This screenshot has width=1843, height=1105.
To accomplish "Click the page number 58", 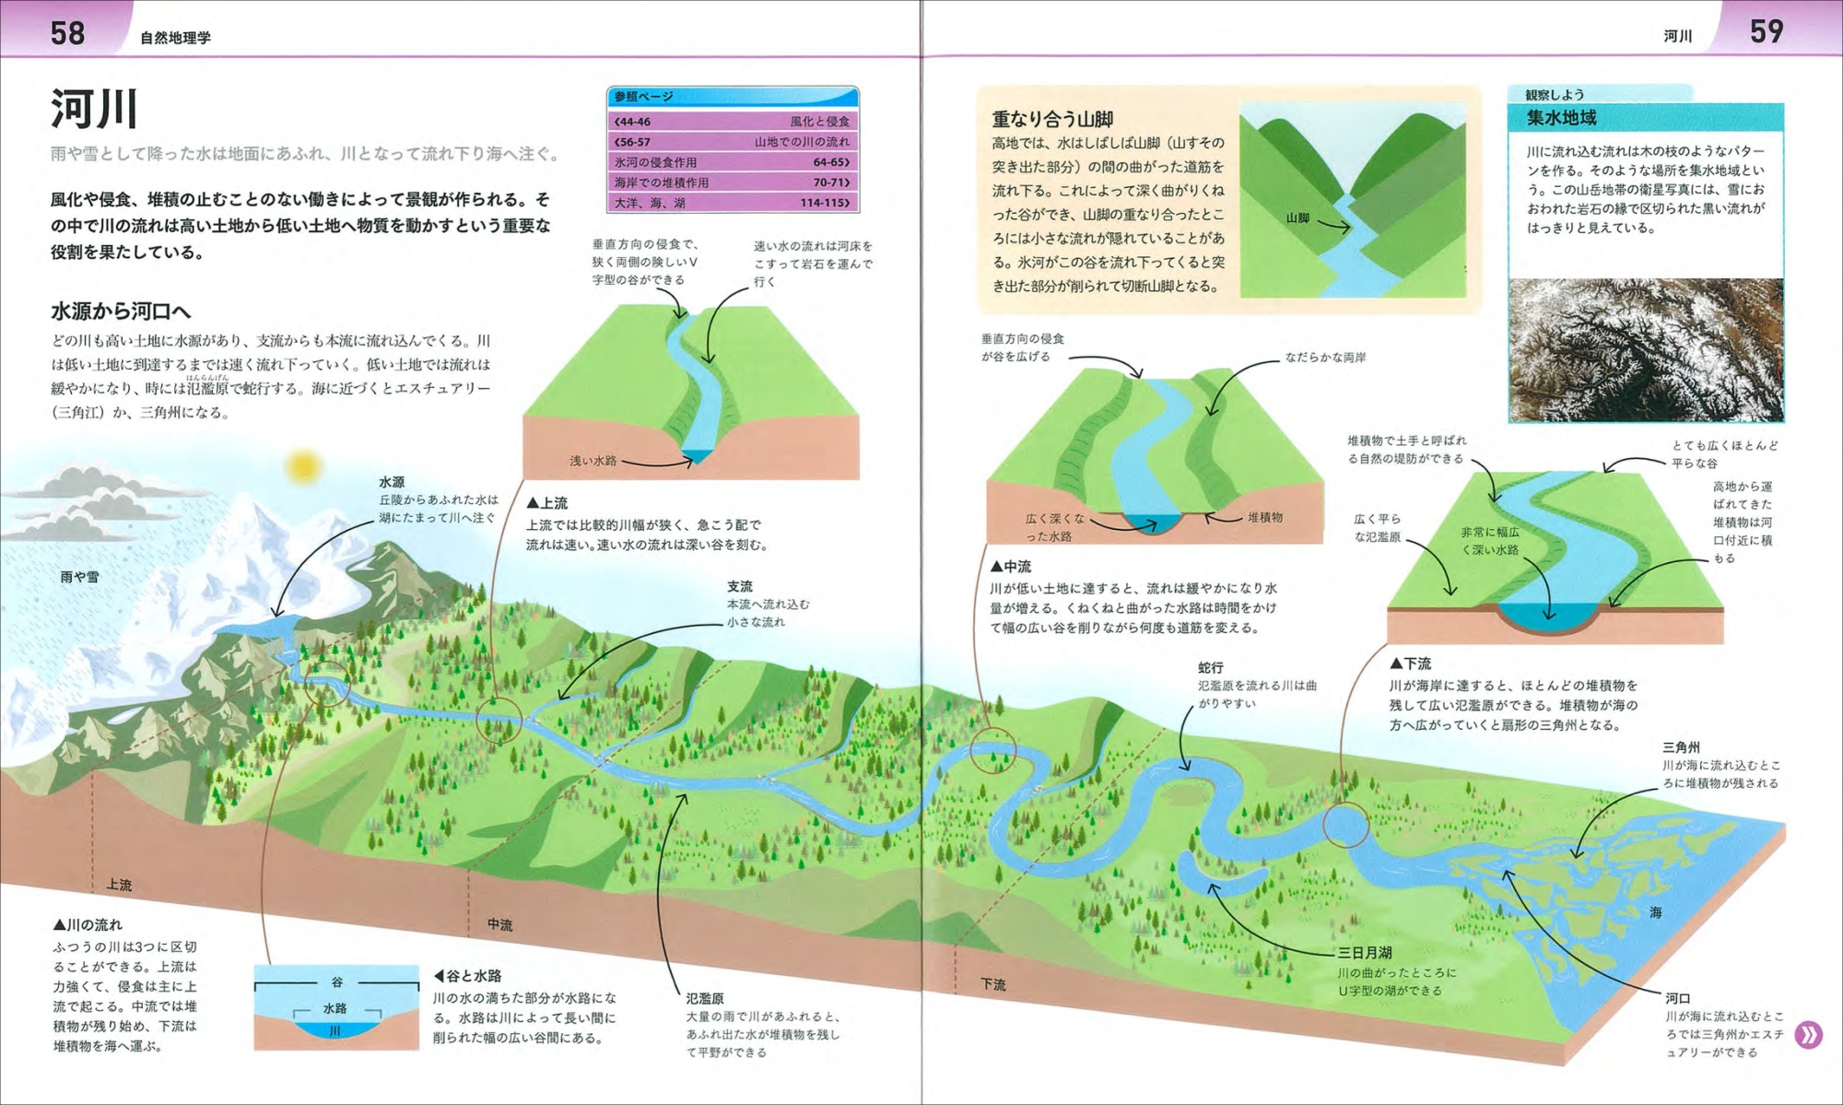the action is pyautogui.click(x=67, y=33).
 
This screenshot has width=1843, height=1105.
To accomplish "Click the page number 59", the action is pyautogui.click(x=1767, y=31).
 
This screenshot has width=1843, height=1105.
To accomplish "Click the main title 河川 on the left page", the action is pyautogui.click(x=94, y=109).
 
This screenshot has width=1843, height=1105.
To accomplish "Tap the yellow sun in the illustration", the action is pyautogui.click(x=301, y=467).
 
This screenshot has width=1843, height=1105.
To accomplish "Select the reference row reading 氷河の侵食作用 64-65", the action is pyautogui.click(x=733, y=162).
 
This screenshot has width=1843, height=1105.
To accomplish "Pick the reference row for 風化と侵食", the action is pyautogui.click(x=733, y=122).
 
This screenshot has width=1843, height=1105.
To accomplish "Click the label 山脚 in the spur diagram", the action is pyautogui.click(x=1297, y=218).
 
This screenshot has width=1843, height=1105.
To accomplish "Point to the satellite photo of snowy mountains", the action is pyautogui.click(x=1646, y=350).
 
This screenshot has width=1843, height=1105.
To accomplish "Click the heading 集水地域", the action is pyautogui.click(x=1561, y=117).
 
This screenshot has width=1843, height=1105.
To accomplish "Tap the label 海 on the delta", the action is pyautogui.click(x=1656, y=912).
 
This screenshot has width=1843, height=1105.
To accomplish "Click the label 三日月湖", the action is pyautogui.click(x=1365, y=953).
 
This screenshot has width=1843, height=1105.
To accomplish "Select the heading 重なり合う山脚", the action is pyautogui.click(x=1052, y=119).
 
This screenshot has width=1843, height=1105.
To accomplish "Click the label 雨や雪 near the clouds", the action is pyautogui.click(x=79, y=577).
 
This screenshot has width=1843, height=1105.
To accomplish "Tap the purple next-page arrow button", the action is pyautogui.click(x=1808, y=1035).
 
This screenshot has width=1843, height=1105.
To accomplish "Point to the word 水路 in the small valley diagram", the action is pyautogui.click(x=335, y=1008).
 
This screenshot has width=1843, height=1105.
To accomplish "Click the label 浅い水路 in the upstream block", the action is pyautogui.click(x=593, y=460).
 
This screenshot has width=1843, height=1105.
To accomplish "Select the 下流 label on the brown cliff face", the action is pyautogui.click(x=992, y=984).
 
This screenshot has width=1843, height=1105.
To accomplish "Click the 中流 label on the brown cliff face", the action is pyautogui.click(x=499, y=924).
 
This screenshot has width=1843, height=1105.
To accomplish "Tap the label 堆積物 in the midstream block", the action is pyautogui.click(x=1265, y=518).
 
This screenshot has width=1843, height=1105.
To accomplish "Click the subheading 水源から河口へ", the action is pyautogui.click(x=121, y=312).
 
